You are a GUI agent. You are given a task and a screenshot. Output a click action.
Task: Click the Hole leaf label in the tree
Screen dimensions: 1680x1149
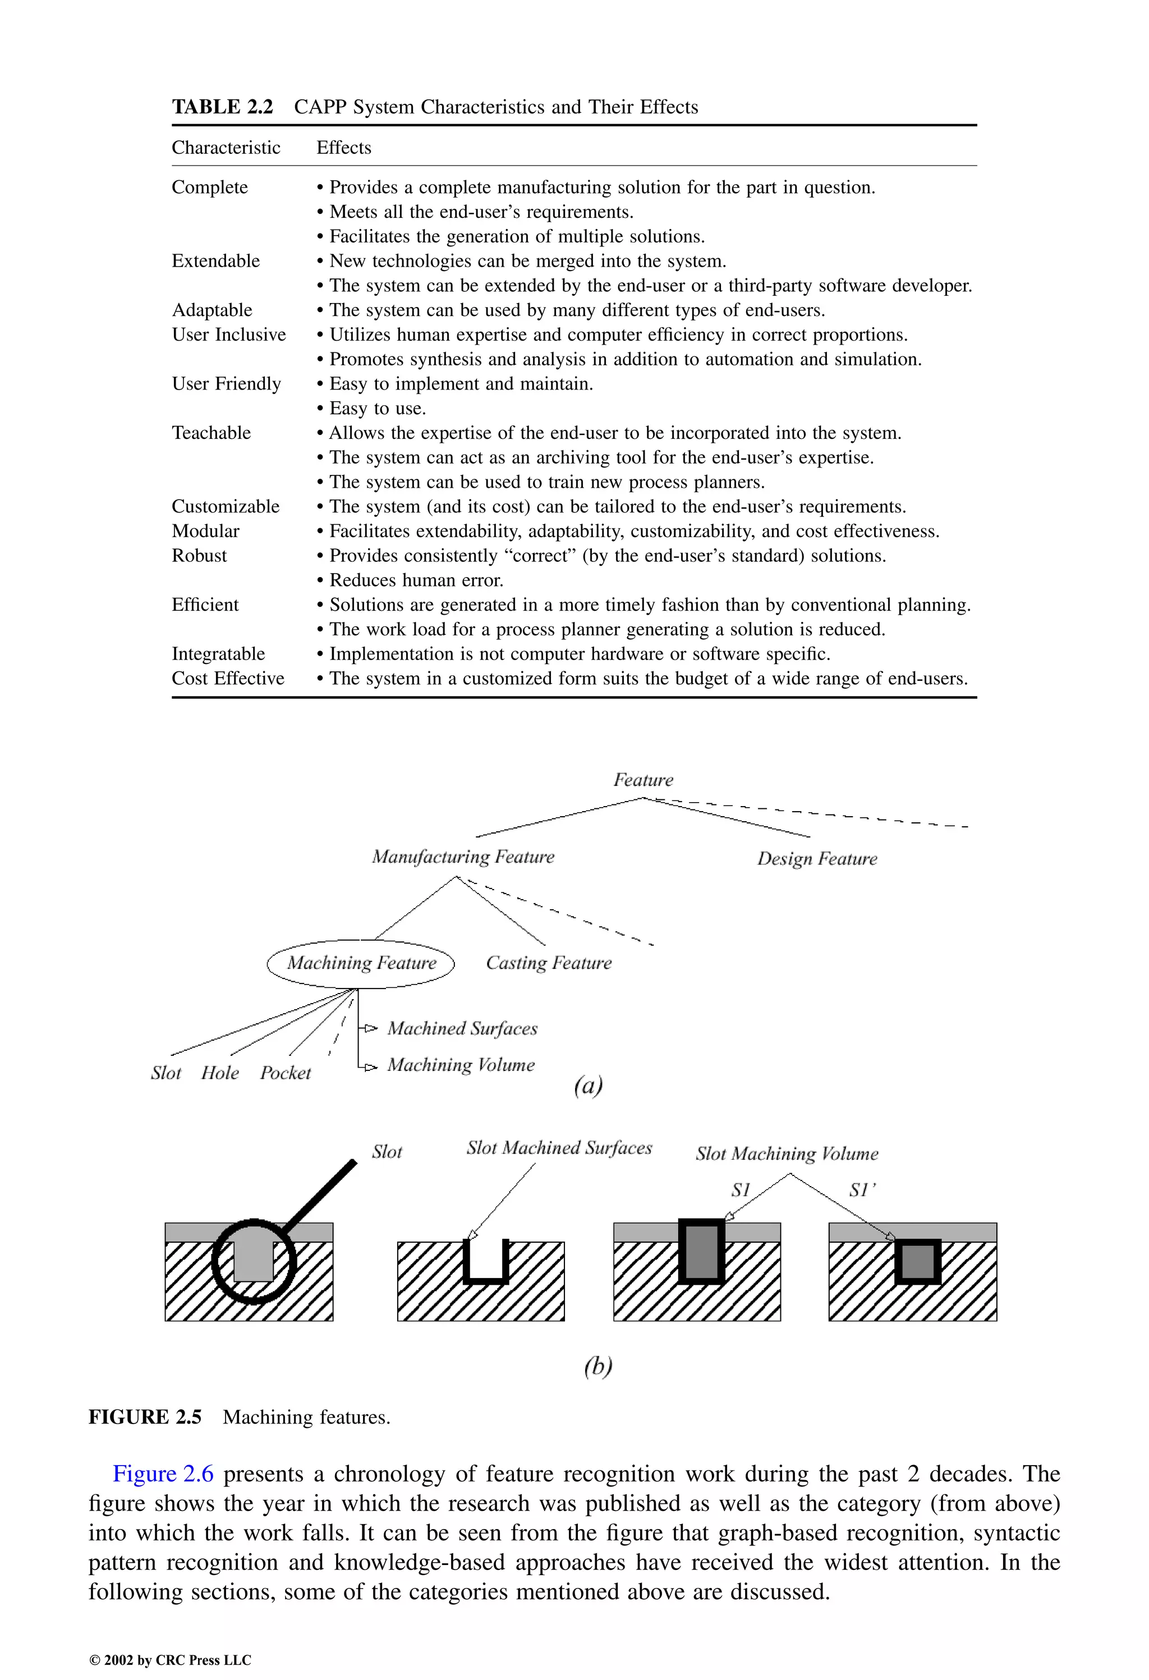click(220, 1073)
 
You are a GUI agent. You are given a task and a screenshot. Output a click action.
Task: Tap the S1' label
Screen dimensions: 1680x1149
click(862, 1190)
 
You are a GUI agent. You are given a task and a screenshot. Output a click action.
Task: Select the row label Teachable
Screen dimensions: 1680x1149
click(211, 433)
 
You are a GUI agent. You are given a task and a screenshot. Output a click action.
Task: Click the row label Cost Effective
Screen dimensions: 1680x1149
click(228, 679)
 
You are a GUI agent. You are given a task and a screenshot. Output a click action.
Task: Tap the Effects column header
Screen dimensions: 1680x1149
click(343, 148)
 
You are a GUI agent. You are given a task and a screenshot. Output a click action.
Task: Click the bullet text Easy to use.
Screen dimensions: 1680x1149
click(377, 409)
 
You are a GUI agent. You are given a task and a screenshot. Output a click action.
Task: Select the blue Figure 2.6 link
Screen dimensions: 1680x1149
click(163, 1474)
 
